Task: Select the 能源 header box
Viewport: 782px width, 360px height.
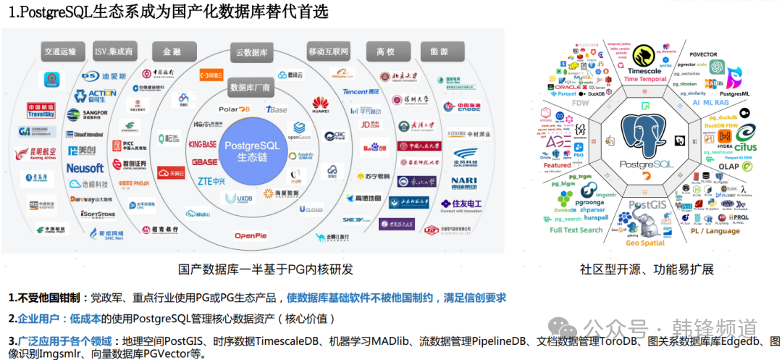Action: (439, 51)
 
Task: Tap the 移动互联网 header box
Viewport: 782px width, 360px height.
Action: (328, 51)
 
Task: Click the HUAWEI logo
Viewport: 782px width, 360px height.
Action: (320, 106)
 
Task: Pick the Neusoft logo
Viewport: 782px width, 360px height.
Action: (85, 168)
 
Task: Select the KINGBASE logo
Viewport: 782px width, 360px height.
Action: (203, 144)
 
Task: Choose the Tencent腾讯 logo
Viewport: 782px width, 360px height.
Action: (361, 92)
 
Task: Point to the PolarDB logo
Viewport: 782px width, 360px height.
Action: (234, 109)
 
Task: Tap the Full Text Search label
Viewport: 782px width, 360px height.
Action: (576, 230)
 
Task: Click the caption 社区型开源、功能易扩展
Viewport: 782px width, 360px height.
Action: (647, 269)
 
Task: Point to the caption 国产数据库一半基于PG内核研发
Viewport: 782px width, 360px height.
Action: (266, 269)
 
